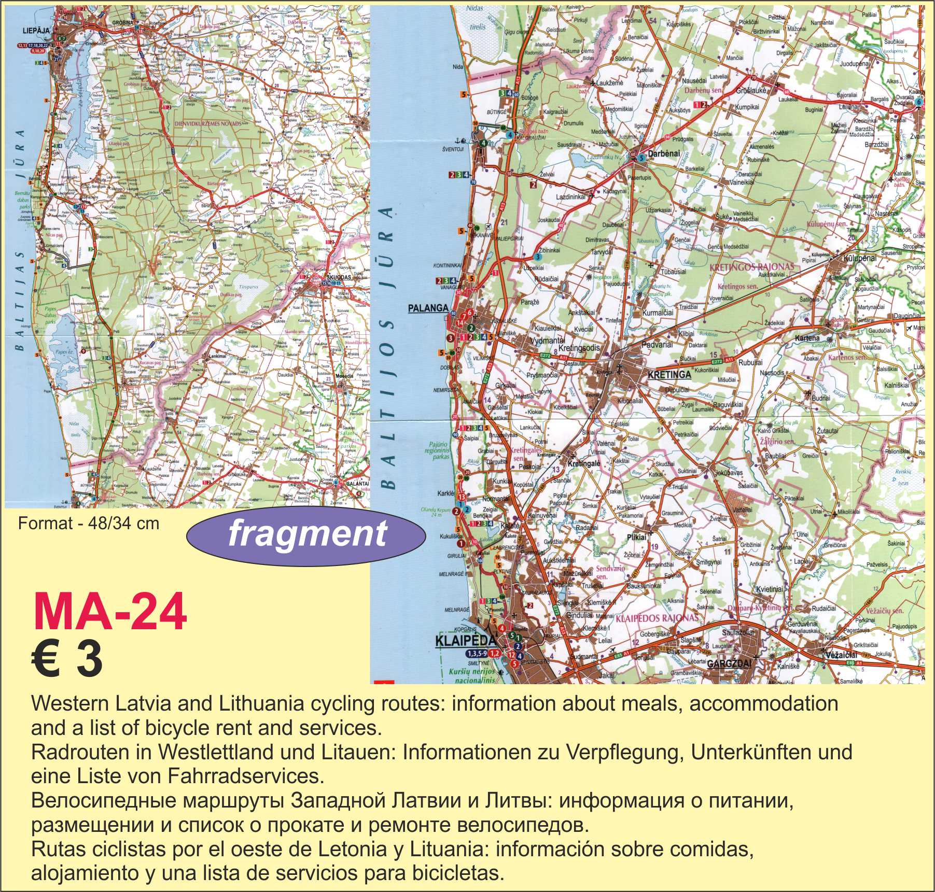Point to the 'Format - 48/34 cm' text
click(x=88, y=523)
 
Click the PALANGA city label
click(x=428, y=308)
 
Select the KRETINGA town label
click(x=669, y=374)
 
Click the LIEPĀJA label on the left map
click(x=36, y=31)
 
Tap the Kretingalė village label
click(x=583, y=463)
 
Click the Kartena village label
click(x=807, y=338)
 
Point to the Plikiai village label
click(x=636, y=537)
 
